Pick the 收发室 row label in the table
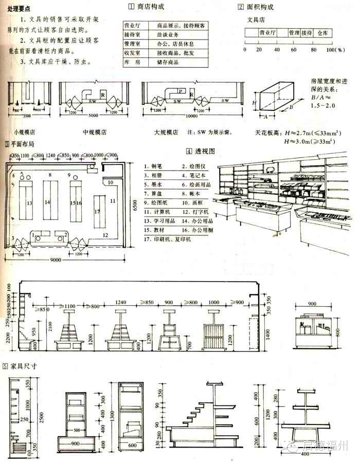[133, 53]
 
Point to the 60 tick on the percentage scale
[294, 49]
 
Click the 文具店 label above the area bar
[256, 20]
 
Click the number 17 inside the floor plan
[96, 211]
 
